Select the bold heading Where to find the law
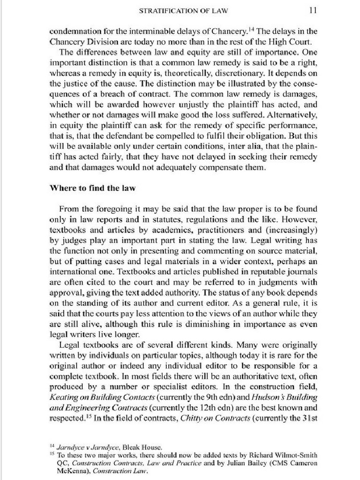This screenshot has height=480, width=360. tap(92, 188)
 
